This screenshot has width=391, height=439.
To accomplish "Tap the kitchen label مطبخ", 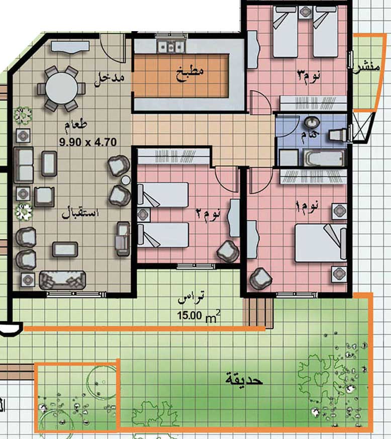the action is (190, 73).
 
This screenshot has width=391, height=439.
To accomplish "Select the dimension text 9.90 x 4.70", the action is (87, 142).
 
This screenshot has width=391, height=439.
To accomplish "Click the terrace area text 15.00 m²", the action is (199, 316).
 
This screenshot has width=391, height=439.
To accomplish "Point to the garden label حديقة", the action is (244, 379).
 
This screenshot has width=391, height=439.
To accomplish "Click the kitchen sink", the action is (170, 46).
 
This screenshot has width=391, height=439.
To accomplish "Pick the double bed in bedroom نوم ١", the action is (321, 243).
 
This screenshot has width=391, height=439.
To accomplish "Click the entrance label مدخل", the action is (109, 78).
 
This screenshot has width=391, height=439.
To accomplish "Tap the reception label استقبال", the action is (80, 212).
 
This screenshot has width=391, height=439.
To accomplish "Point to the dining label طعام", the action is (76, 126).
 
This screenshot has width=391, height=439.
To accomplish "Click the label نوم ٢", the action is (208, 214).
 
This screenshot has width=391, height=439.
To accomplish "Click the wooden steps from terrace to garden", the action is (258, 311).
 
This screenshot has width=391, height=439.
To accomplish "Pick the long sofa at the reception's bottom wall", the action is (62, 280).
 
